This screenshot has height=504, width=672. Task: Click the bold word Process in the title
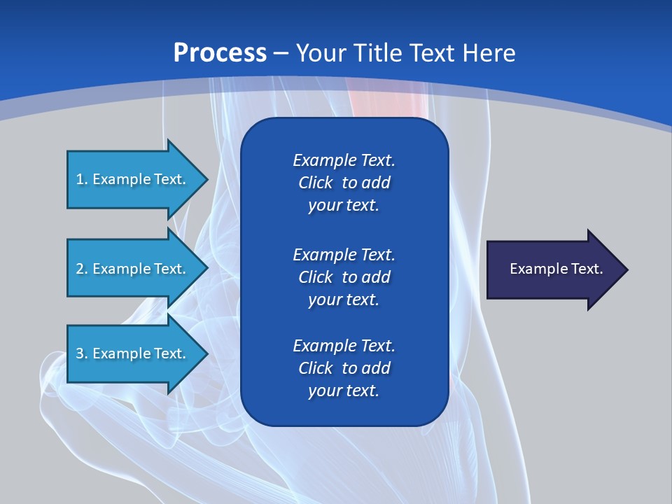220,53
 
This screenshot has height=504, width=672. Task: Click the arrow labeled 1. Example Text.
133,179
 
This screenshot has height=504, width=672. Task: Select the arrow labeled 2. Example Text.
133,269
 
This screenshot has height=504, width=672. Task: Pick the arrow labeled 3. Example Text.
133,353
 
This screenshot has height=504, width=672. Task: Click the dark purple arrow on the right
553,269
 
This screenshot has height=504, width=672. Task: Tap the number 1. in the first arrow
82,179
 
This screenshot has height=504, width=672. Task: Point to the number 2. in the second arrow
82,269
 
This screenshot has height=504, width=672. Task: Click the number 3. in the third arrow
82,353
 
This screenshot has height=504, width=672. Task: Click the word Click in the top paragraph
316,183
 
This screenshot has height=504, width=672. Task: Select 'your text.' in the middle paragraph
344,300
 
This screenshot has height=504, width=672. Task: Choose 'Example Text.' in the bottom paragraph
344,345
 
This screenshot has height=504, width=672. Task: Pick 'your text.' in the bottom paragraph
344,391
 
